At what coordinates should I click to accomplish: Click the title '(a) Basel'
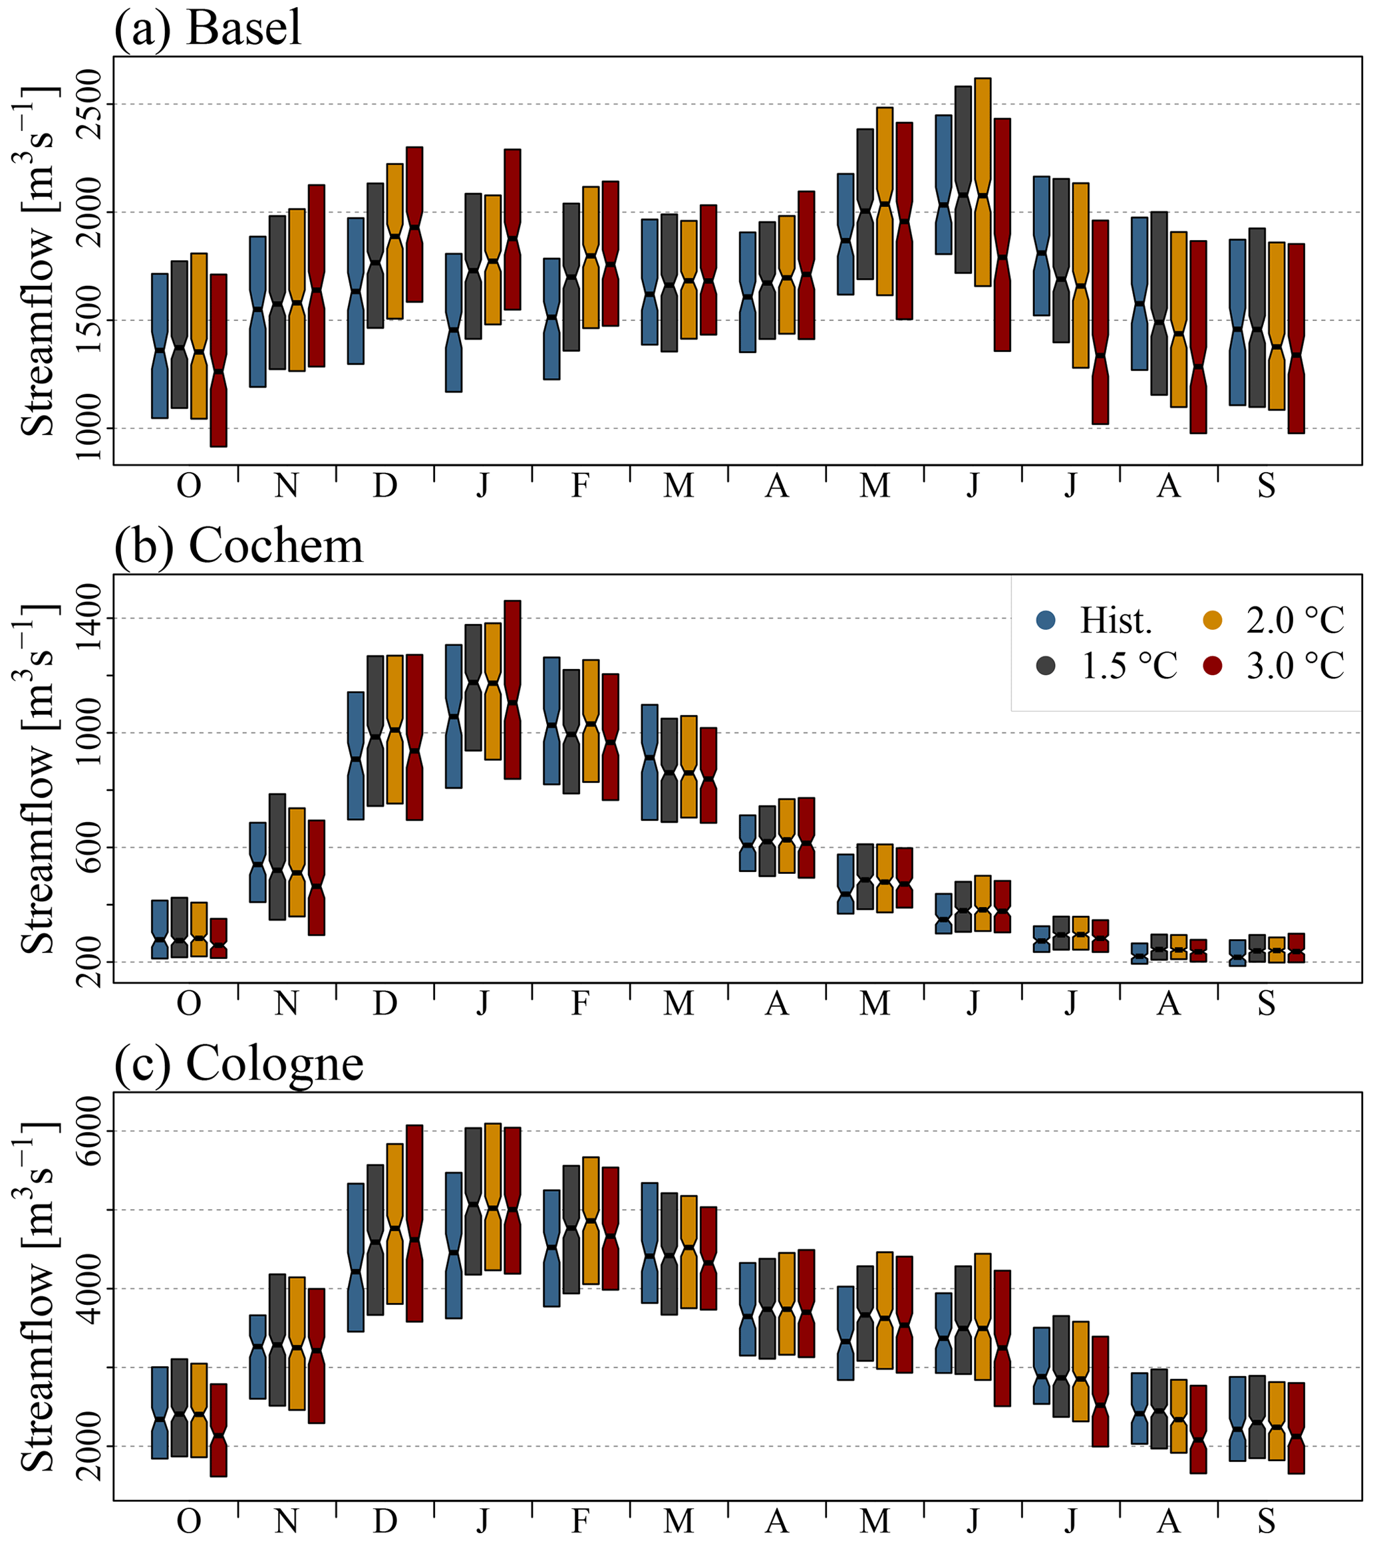click(208, 29)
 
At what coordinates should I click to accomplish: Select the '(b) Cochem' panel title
click(238, 545)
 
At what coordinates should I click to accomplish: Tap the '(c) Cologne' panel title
click(238, 1063)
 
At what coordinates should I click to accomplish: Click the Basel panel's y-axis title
click(38, 261)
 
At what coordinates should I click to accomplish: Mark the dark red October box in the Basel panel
click(218, 360)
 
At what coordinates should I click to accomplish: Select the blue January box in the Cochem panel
click(454, 716)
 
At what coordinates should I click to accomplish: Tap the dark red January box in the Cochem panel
click(512, 689)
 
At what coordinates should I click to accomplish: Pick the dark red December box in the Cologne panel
click(414, 1223)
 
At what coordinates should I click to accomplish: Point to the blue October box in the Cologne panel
click(160, 1413)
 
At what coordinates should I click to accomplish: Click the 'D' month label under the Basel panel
click(384, 486)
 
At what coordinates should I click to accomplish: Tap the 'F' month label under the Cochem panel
click(580, 1003)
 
